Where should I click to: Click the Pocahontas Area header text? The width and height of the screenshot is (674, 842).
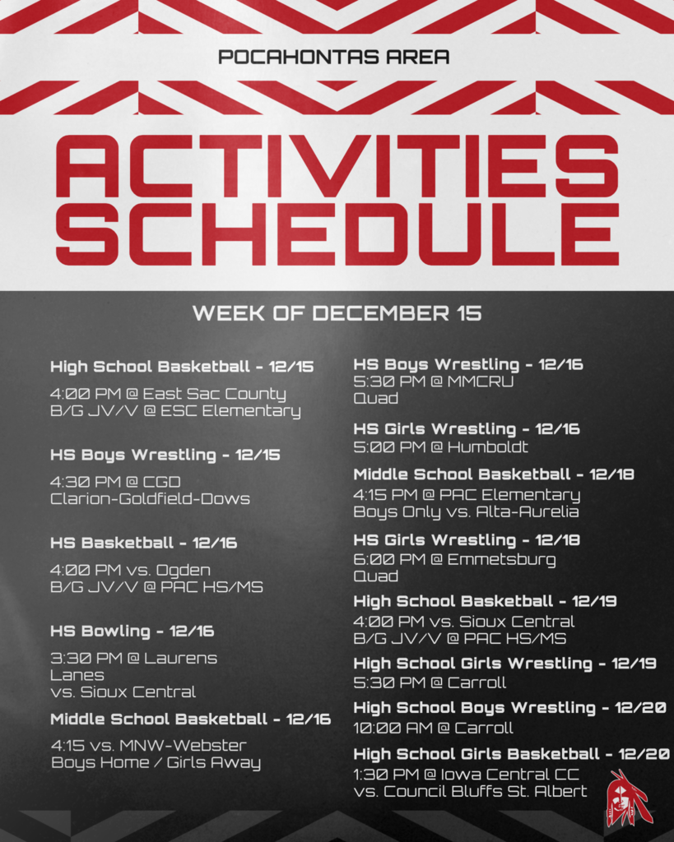334,58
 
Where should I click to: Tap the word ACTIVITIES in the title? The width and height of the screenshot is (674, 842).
337,167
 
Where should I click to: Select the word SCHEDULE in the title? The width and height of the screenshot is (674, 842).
337,234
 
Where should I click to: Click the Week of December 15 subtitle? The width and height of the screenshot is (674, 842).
337,313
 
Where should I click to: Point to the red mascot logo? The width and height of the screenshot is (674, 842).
627,798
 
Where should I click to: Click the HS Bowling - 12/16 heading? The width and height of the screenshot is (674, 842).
132,631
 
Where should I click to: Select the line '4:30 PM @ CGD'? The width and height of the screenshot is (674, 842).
115,481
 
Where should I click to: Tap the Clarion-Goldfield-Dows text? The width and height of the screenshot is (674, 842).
150,498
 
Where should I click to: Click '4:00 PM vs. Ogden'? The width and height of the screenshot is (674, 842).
130,570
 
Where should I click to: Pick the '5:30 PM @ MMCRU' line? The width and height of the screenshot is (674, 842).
433,382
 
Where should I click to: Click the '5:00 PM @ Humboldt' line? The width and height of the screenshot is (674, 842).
440,447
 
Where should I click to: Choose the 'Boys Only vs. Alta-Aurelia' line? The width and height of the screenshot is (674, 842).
466,511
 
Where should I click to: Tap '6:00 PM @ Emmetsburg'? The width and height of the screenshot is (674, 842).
454,560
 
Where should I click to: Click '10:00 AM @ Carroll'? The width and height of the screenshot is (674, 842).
433,728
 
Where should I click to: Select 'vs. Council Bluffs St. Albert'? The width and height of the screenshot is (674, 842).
470,791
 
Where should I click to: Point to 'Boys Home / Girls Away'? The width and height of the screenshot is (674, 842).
156,762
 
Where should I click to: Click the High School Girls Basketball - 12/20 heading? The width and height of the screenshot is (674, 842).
511,754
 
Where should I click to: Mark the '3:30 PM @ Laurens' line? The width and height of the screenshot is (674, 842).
133,658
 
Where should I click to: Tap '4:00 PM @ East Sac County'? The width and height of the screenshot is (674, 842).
168,394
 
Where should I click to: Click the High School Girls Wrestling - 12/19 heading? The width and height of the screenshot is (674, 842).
504,663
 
